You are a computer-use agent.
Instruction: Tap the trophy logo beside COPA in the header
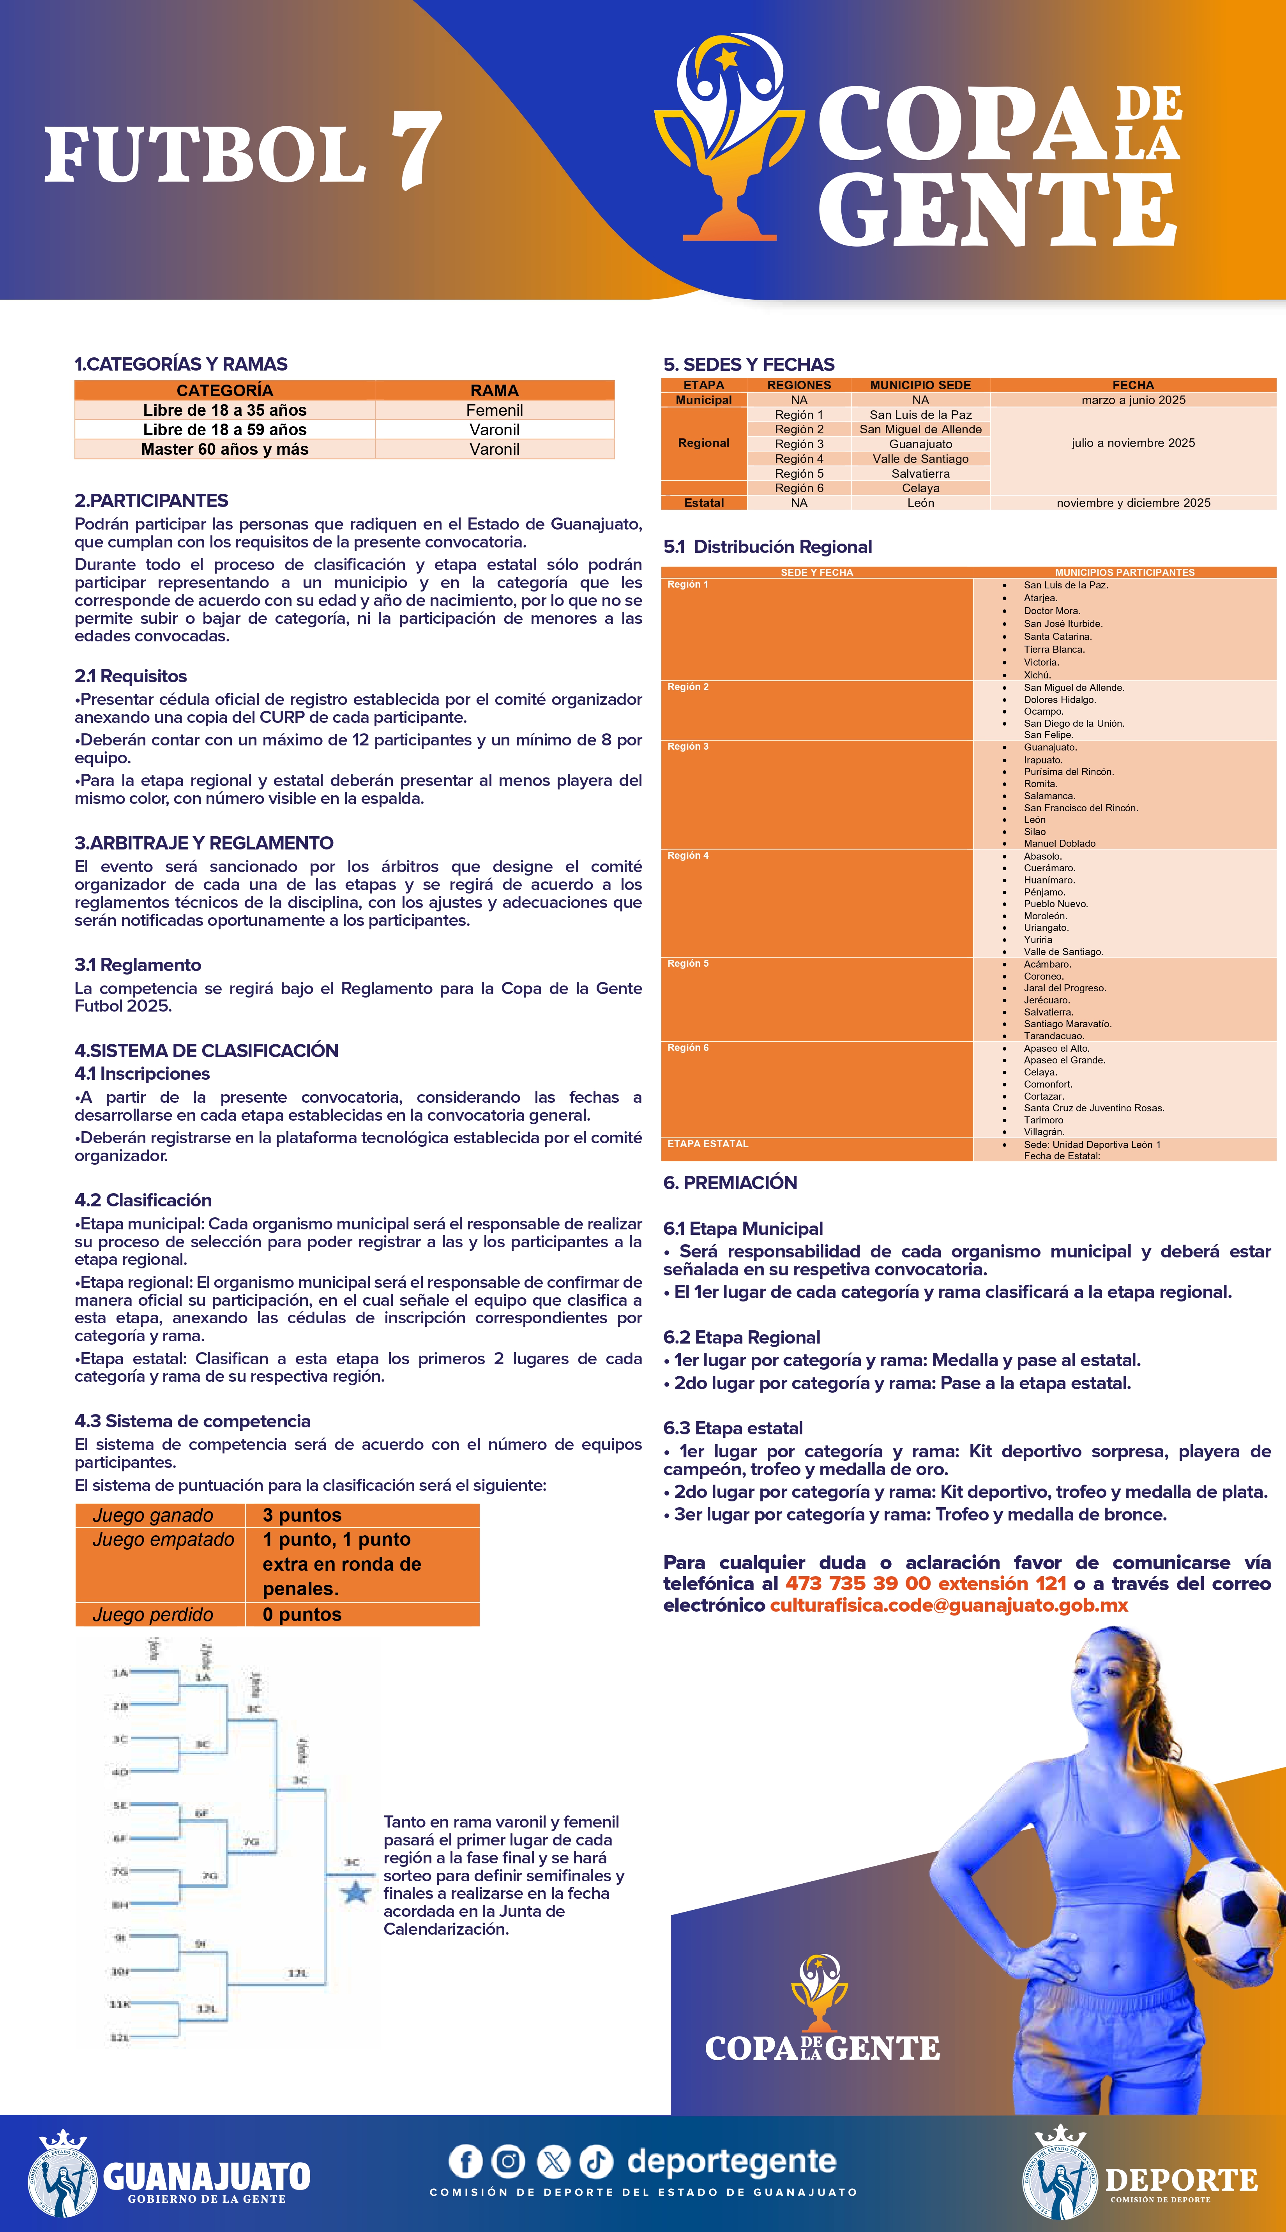click(x=730, y=137)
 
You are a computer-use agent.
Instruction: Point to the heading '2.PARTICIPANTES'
click(x=151, y=501)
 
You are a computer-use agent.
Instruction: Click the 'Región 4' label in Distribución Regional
click(x=688, y=856)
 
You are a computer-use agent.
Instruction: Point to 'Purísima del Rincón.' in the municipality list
click(x=1069, y=772)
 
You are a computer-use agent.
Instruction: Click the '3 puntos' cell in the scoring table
click(x=302, y=1515)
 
